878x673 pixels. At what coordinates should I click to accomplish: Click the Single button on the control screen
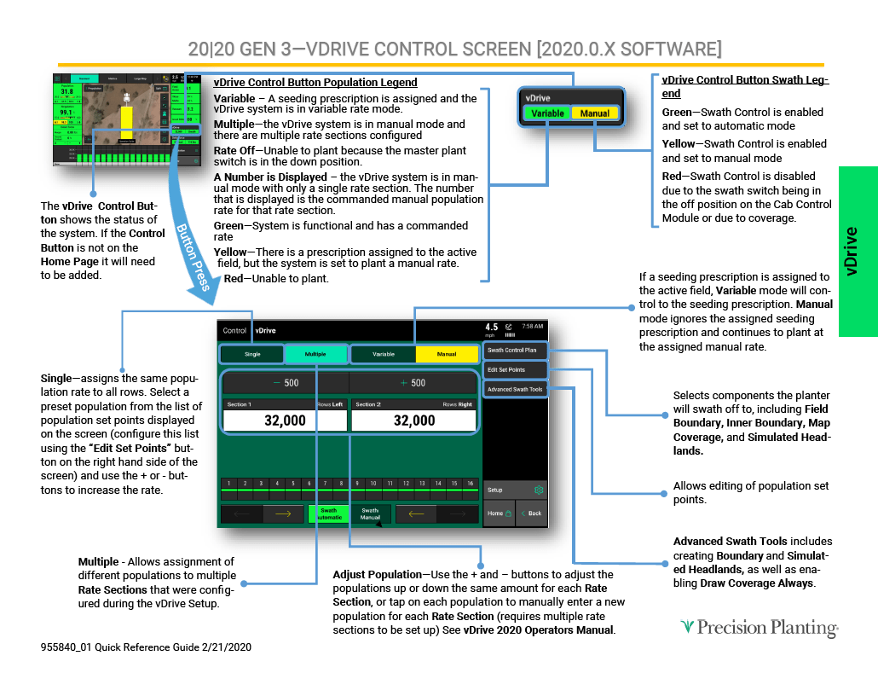tap(252, 354)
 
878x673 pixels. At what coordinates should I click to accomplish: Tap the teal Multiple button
tap(315, 354)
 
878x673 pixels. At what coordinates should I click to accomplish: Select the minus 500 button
tap(286, 383)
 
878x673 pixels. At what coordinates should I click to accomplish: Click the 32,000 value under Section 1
tap(285, 421)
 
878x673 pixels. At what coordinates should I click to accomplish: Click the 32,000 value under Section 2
tap(414, 421)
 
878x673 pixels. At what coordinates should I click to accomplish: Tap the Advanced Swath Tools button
tap(514, 389)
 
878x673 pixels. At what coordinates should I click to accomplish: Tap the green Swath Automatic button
tap(328, 514)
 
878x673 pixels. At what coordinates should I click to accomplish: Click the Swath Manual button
tap(370, 514)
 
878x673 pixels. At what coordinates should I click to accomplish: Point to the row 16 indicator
tap(470, 484)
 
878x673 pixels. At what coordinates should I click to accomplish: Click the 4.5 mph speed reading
tap(492, 328)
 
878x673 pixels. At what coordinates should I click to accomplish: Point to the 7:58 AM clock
tap(532, 327)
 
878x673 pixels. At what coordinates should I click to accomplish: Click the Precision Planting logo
tap(759, 628)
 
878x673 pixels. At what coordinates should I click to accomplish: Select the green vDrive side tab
tap(858, 251)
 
